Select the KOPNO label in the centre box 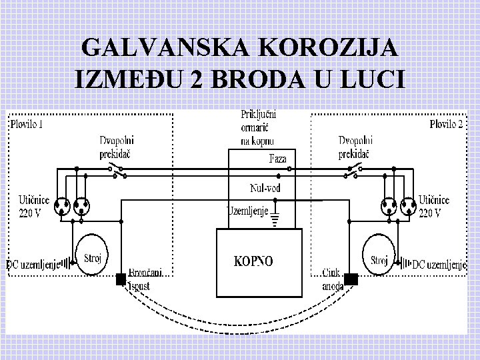click(x=253, y=261)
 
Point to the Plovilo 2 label click(x=446, y=124)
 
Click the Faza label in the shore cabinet click(x=278, y=159)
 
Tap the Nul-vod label click(x=265, y=189)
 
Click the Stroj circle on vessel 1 click(x=92, y=254)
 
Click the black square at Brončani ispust click(x=121, y=279)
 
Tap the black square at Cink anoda click(x=351, y=279)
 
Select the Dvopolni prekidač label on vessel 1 click(x=115, y=147)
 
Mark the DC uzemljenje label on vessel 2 click(x=439, y=265)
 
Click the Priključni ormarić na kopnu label click(x=258, y=127)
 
